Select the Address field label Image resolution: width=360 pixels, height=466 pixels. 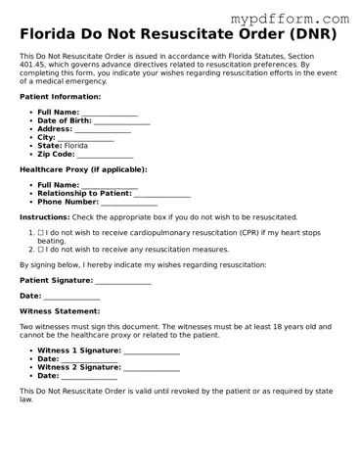click(x=56, y=129)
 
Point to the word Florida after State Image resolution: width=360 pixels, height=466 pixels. click(x=90, y=146)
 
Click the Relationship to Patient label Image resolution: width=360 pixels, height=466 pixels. click(x=84, y=193)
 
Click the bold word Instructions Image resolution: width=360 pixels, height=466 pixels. click(x=44, y=217)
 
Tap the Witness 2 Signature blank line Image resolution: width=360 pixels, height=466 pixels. click(x=152, y=369)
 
